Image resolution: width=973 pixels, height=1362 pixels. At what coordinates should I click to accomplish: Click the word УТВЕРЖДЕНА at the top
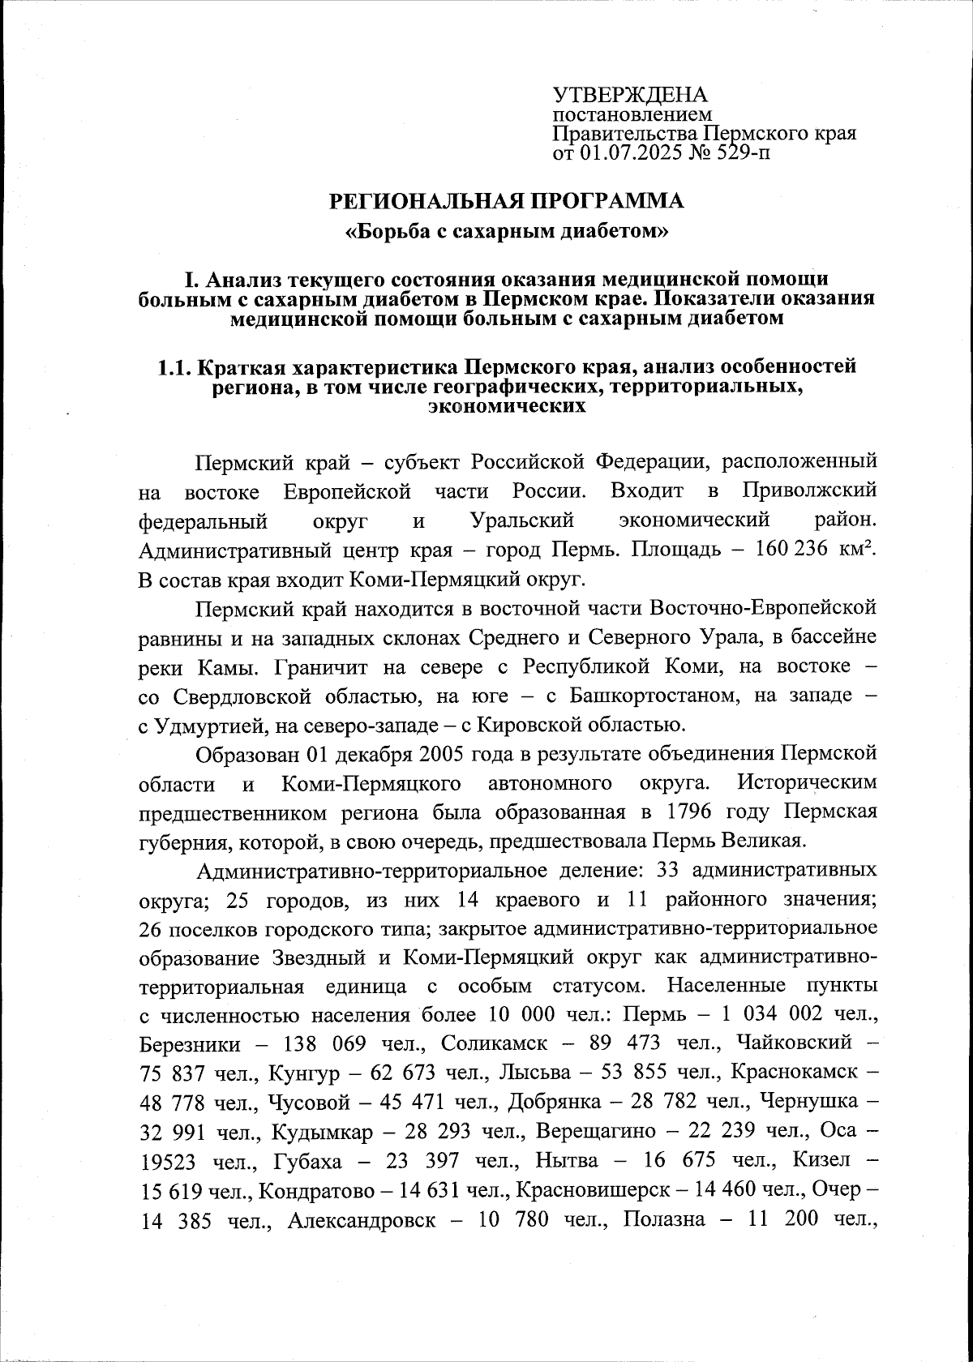pos(629,95)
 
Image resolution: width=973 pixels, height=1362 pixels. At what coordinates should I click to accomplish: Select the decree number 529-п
pos(741,151)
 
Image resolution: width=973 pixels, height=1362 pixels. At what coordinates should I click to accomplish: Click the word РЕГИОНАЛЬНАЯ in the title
pos(422,199)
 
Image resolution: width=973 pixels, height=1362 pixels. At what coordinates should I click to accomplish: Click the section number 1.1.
pos(174,366)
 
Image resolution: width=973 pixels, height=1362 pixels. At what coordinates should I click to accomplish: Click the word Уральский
pos(522,520)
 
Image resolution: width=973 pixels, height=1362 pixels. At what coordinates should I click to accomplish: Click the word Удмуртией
pos(193,726)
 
